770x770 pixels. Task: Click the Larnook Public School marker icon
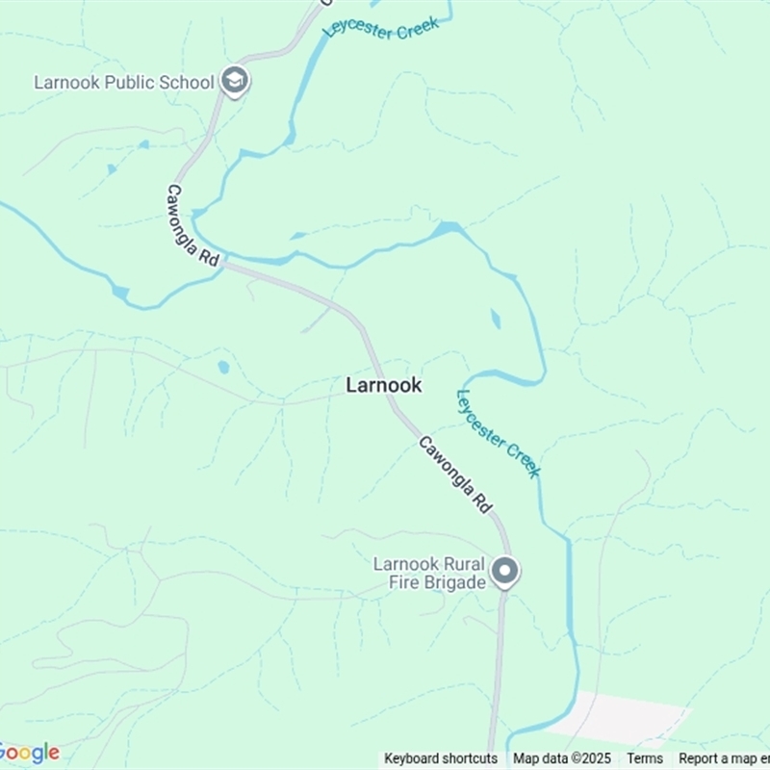coord(234,81)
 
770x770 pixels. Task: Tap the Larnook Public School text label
coord(123,82)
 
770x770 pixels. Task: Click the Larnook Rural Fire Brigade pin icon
coord(504,572)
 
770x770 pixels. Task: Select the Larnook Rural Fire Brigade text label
coord(429,573)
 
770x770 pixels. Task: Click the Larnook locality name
coord(383,385)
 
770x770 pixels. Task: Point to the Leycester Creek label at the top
coord(381,26)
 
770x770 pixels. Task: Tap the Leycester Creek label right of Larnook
coord(498,433)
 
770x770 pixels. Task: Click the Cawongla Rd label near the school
coord(193,225)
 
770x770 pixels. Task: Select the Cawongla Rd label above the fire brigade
coord(455,474)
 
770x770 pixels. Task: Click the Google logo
coord(29,753)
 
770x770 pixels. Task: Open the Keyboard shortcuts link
coord(441,758)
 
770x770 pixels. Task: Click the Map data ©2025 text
coord(562,758)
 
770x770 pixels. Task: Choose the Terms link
coord(645,758)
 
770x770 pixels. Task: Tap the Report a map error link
coord(722,758)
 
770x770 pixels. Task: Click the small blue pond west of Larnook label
coord(223,367)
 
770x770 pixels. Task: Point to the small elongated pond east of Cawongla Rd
coord(495,319)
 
